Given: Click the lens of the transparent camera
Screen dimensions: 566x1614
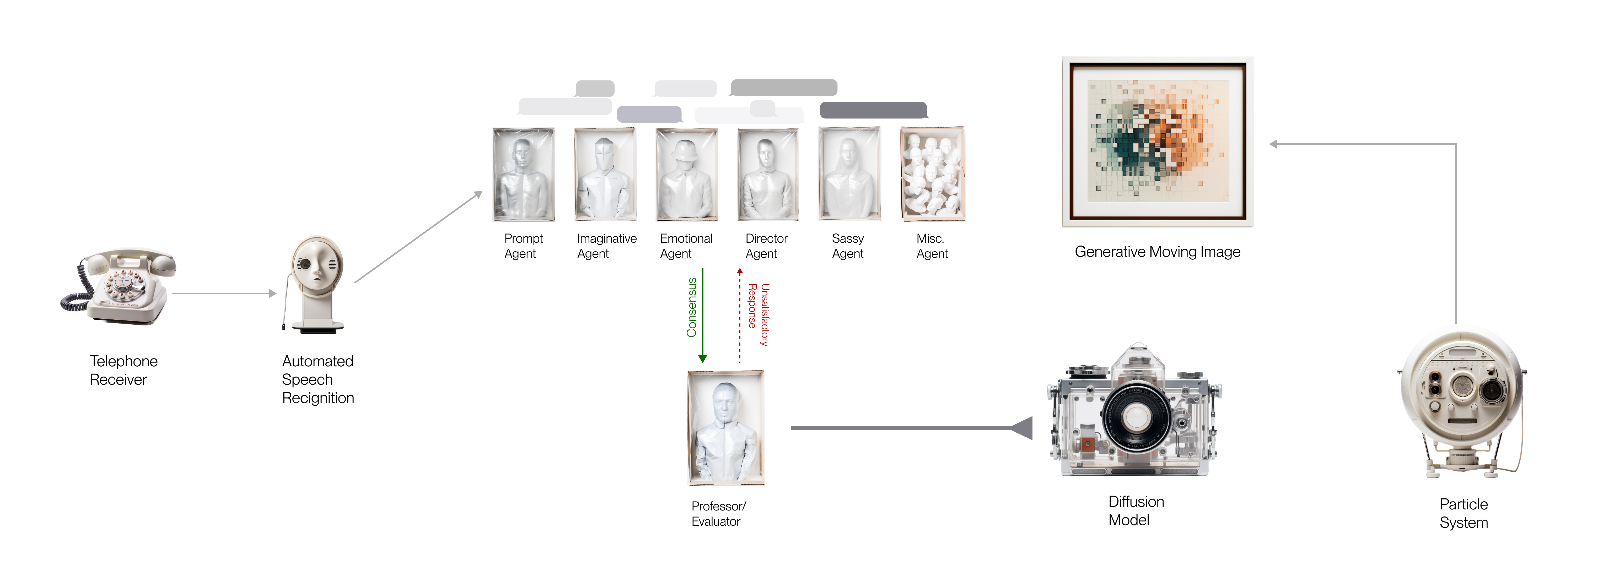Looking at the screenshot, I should pos(1135,415).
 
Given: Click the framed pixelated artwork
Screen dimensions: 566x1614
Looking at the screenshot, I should pos(1157,141).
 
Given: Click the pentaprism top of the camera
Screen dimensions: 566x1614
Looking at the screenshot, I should pos(1138,356).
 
